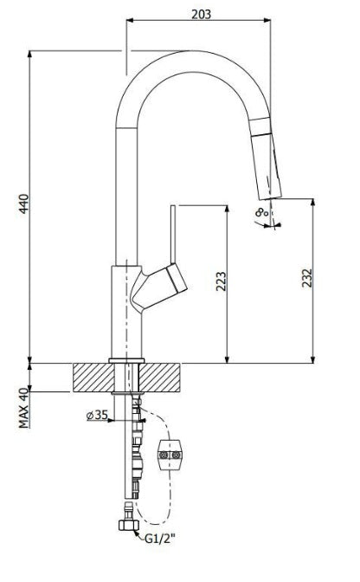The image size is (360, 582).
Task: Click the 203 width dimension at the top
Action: (x=200, y=13)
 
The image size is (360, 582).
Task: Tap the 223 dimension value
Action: (x=221, y=283)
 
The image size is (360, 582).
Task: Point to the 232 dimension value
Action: (x=306, y=278)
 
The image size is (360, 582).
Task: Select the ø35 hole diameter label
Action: (x=97, y=415)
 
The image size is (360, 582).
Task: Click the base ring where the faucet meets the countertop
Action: (x=126, y=358)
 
